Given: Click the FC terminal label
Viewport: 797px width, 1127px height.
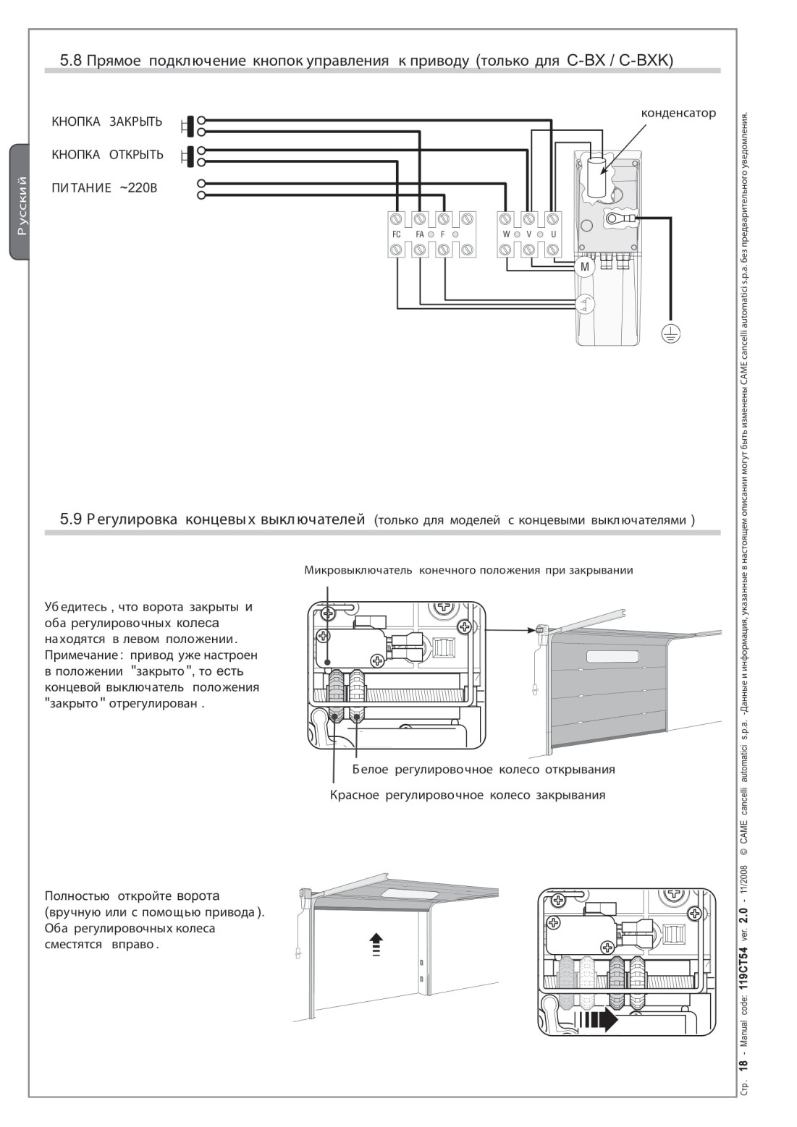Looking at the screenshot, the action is (x=396, y=234).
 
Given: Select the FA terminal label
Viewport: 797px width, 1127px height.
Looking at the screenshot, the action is (x=420, y=234).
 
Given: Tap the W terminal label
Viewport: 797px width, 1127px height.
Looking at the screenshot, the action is (x=507, y=234).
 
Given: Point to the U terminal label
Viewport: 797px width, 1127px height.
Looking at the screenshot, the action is (x=553, y=234).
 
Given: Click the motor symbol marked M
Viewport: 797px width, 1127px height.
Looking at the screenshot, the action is (x=584, y=267).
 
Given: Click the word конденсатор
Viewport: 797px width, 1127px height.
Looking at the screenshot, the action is (x=678, y=113).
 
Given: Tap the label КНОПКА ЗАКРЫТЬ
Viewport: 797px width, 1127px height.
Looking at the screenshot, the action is (x=106, y=122).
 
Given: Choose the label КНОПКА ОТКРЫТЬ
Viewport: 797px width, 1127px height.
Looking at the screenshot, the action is (x=107, y=155).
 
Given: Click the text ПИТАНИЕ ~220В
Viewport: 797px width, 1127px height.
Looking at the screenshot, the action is (x=104, y=188).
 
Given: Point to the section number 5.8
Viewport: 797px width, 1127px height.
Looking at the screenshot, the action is (x=70, y=61).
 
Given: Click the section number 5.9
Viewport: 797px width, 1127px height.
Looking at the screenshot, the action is (x=70, y=519).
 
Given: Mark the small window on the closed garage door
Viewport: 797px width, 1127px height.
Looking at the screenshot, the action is (x=612, y=656).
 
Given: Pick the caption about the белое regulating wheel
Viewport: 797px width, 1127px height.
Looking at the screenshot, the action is (x=484, y=769).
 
